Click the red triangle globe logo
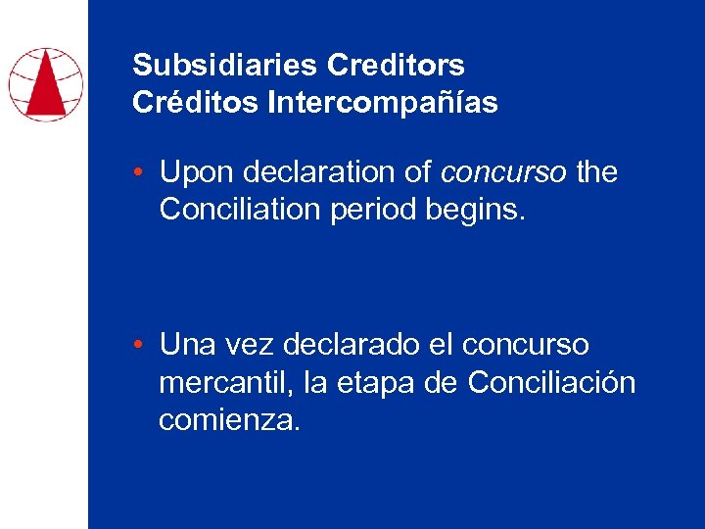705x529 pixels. [45, 84]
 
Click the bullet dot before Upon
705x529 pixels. [141, 173]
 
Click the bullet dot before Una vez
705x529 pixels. [141, 346]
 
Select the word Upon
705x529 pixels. [191, 173]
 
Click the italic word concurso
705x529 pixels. [503, 173]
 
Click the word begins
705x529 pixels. [484, 211]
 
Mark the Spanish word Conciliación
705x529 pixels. [551, 383]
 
